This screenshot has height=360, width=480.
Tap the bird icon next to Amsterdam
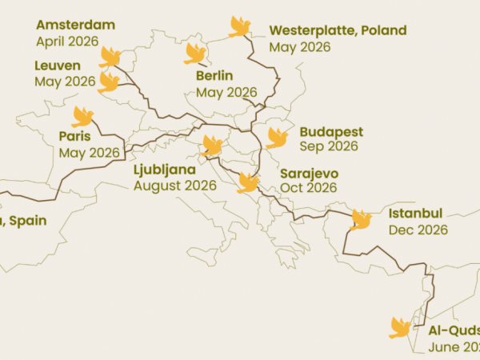(110, 57)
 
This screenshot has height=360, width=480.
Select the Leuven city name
(58, 66)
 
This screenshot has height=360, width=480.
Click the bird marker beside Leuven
(108, 82)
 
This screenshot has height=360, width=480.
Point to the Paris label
(74, 136)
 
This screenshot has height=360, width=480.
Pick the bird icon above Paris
(82, 117)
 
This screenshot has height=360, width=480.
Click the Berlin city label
(214, 76)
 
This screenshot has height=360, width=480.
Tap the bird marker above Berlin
(195, 54)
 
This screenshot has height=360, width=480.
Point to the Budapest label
(331, 131)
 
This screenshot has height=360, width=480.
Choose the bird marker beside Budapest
(278, 138)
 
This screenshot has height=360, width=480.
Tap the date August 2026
(175, 185)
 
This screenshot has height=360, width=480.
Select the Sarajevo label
(309, 173)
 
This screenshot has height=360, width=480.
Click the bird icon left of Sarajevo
(248, 183)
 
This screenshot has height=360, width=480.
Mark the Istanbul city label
(415, 214)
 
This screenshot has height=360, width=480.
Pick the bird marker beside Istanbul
(361, 219)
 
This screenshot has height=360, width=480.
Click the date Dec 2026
(418, 230)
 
